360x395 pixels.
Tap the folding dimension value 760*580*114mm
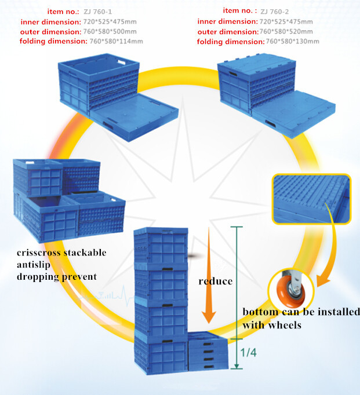pos(112,41)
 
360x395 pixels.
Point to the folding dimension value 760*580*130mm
pos(293,42)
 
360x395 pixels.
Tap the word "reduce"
pos(215,281)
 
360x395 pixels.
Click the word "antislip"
pos(35,265)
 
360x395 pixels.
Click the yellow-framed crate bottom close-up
pos(310,200)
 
